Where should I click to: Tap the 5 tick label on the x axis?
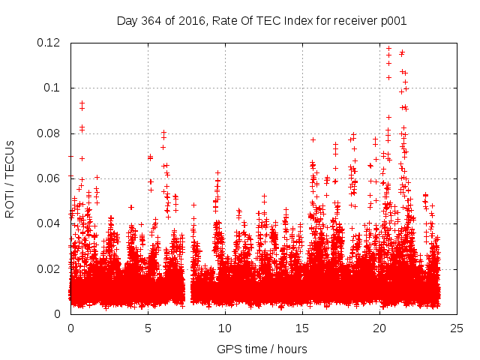pyautogui.click(x=148, y=328)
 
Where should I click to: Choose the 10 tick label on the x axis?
pyautogui.click(x=225, y=328)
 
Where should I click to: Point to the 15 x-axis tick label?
pyautogui.click(x=302, y=328)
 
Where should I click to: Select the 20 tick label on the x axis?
pyautogui.click(x=379, y=328)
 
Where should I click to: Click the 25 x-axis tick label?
pyautogui.click(x=457, y=328)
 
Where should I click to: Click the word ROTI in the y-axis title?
pyautogui.click(x=10, y=203)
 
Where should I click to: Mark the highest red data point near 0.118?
pyautogui.click(x=388, y=48)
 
